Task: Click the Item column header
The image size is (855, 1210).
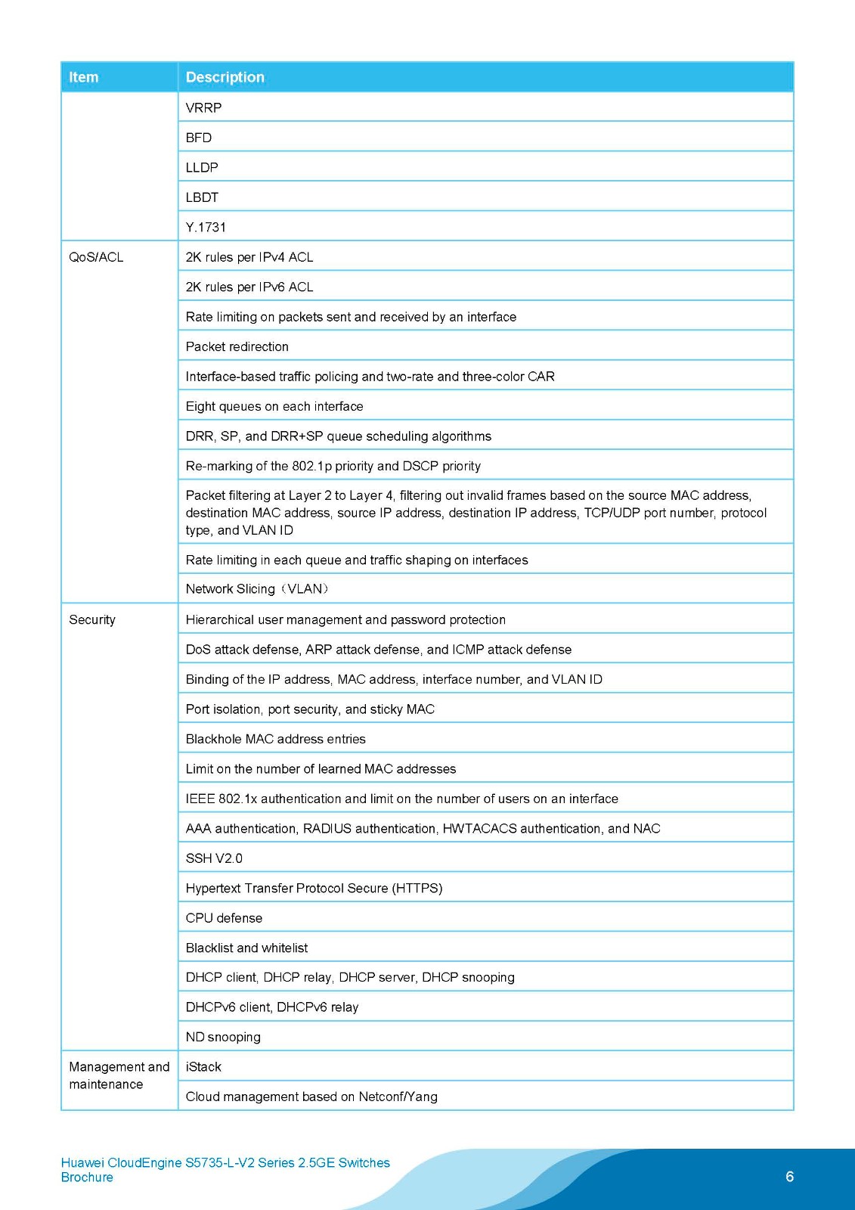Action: [84, 77]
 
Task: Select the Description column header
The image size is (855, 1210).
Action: [225, 77]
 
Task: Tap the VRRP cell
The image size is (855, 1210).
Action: [204, 107]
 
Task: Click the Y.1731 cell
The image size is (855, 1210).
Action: [206, 227]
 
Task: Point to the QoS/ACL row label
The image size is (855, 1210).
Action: [96, 257]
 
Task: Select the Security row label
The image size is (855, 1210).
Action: [92, 619]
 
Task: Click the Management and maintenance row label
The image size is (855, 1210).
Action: [119, 1075]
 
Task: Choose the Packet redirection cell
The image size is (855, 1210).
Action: [237, 346]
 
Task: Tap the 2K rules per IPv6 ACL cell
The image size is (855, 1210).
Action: [249, 287]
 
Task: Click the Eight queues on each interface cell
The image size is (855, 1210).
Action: [274, 406]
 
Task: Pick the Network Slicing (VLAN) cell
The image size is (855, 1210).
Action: [257, 589]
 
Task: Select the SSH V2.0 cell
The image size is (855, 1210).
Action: [214, 858]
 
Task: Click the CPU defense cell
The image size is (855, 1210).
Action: [224, 918]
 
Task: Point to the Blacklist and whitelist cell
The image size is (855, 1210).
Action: [246, 948]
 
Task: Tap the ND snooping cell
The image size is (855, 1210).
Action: [223, 1037]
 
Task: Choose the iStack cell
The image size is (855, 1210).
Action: [203, 1067]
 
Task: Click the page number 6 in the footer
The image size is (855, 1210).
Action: [790, 1176]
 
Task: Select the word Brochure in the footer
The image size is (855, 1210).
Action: [87, 1177]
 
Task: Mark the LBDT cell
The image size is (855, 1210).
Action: [202, 197]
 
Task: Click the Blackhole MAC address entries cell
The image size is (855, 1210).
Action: [276, 739]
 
